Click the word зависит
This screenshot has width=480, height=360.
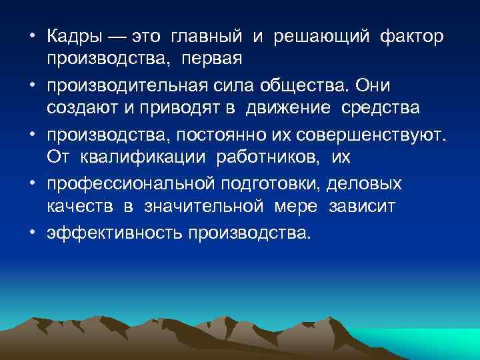tap(362, 207)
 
